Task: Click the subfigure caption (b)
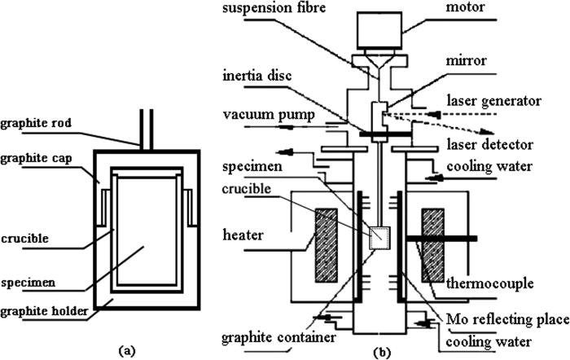point(380,351)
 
